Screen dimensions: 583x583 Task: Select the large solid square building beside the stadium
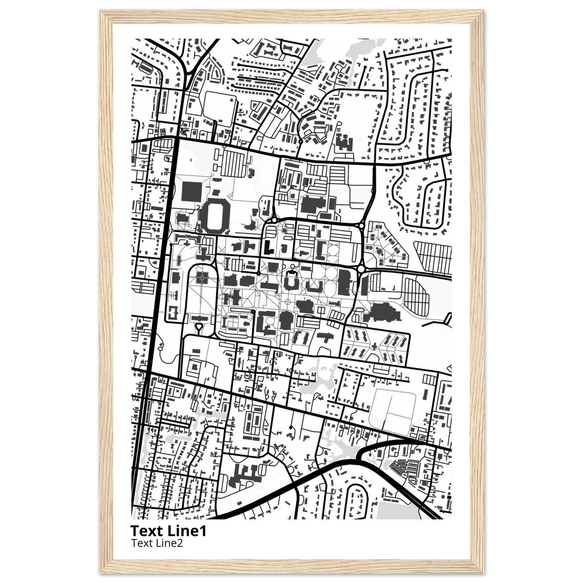pyautogui.click(x=191, y=191)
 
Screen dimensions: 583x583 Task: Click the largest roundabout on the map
pyautogui.click(x=361, y=268)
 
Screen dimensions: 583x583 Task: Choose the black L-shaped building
pyautogui.click(x=268, y=247)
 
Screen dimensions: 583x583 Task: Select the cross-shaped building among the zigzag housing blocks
pyautogui.click(x=375, y=347)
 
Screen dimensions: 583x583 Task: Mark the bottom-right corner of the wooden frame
pyautogui.click(x=483, y=572)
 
